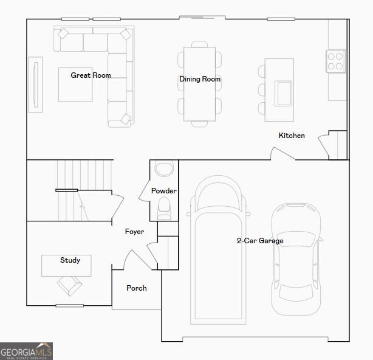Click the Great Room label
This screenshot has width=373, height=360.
[91, 75]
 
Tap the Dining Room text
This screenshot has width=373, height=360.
[199, 79]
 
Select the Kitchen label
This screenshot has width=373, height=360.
[292, 136]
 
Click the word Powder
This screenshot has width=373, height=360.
[164, 191]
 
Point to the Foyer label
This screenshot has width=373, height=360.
[134, 232]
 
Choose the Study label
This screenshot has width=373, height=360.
[70, 260]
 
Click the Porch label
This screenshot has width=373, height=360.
[136, 288]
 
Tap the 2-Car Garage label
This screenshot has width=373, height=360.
[260, 241]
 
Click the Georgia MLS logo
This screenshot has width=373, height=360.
[27, 351]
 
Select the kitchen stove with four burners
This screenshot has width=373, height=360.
[335, 60]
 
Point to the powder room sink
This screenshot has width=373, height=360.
[164, 168]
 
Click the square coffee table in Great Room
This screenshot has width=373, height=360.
[75, 85]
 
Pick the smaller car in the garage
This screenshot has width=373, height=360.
[295, 258]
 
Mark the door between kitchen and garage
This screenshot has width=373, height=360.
[282, 153]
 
